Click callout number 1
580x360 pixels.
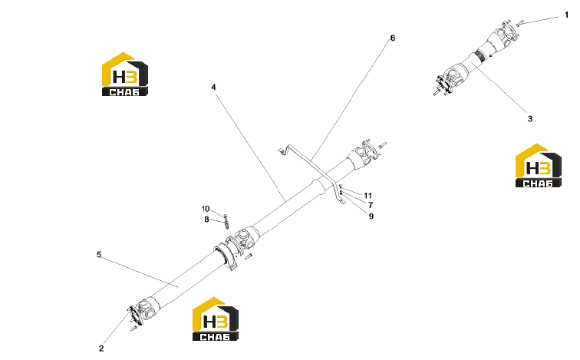click(x=566, y=15)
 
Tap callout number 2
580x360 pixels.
click(x=101, y=348)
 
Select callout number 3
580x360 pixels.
click(x=530, y=119)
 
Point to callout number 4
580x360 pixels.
click(x=213, y=88)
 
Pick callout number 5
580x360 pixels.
click(x=99, y=255)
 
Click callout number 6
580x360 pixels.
click(x=393, y=38)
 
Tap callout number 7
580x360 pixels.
click(x=371, y=205)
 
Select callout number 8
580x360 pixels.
click(x=206, y=220)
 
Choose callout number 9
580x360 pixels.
click(x=371, y=216)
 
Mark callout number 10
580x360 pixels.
click(x=206, y=209)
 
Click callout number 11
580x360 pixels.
click(x=368, y=196)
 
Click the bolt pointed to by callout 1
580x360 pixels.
click(x=520, y=23)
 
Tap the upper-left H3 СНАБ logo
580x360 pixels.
click(x=125, y=74)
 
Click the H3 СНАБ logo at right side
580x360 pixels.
click(x=539, y=165)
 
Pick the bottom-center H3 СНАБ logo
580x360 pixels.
click(x=216, y=319)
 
